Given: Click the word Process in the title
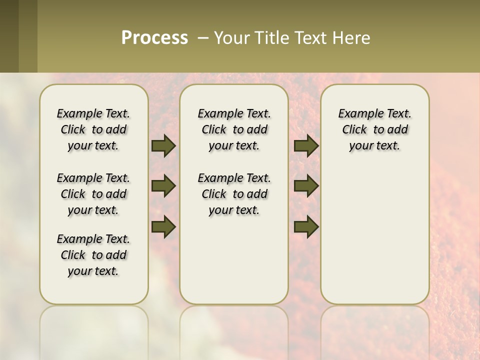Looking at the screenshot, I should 154,37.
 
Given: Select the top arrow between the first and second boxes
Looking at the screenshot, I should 163,146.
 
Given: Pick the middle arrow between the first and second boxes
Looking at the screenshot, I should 163,186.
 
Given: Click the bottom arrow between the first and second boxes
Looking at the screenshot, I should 163,226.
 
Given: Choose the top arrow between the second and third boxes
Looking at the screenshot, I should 306,146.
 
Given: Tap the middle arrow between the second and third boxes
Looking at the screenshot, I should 306,186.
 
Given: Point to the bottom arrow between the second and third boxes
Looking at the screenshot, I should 306,226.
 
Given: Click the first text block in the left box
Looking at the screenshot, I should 93,129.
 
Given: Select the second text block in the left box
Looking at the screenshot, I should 93,194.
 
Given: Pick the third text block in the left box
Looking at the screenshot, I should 93,255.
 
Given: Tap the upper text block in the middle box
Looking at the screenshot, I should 234,129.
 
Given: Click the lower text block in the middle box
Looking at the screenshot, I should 234,194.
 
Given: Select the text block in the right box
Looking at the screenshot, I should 374,129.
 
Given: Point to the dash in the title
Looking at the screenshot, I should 203,37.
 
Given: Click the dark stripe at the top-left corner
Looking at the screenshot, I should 9,36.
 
